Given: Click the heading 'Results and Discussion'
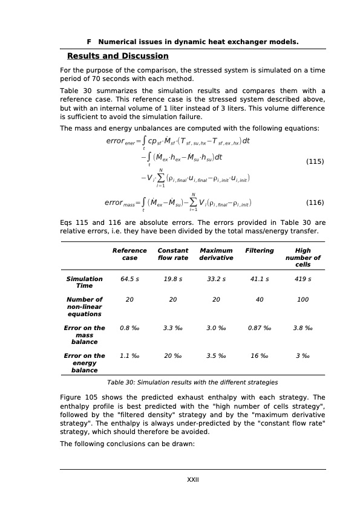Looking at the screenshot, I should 117,56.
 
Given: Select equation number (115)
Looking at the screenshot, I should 315,161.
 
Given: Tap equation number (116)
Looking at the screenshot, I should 315,203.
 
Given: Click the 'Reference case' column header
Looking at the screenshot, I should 129,254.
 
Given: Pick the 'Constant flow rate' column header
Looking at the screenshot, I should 173,254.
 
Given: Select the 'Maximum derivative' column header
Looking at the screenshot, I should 216,254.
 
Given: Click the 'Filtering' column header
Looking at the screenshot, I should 260,250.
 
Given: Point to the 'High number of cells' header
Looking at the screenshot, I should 303,258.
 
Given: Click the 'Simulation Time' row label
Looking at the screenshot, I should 84,282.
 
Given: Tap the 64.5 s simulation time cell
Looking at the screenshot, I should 129,279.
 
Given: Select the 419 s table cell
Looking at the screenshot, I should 303,279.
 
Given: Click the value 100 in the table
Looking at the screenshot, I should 303,299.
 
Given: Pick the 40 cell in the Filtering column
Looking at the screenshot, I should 260,299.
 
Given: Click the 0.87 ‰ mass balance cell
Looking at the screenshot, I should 260,328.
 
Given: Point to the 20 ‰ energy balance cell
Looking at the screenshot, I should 173,356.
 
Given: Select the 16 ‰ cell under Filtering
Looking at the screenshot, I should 260,356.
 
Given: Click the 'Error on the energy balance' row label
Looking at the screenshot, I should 84,363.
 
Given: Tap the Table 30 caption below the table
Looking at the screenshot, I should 192,383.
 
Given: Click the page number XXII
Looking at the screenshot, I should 192,479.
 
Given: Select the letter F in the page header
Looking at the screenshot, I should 89,42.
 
